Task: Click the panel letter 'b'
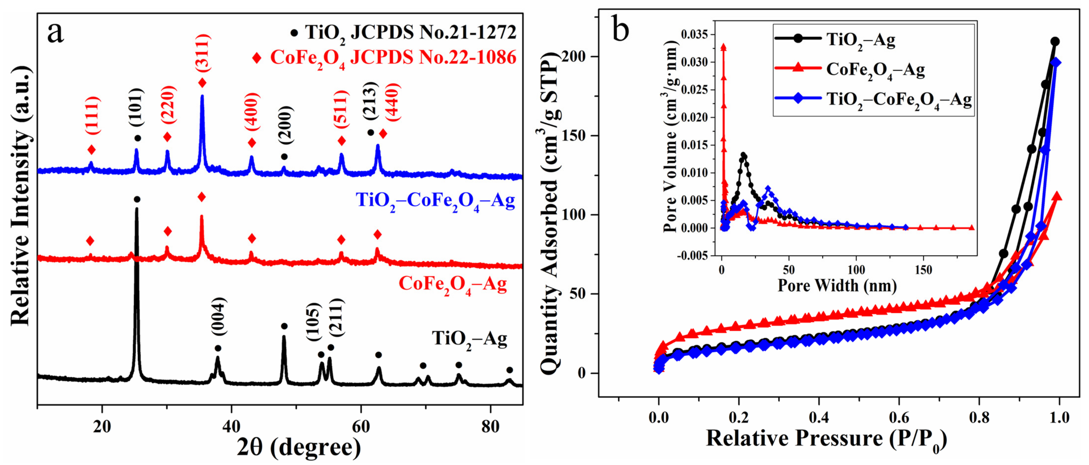point(621,30)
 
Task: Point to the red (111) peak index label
point(93,115)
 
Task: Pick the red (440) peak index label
point(392,102)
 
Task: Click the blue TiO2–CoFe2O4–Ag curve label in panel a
point(435,201)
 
